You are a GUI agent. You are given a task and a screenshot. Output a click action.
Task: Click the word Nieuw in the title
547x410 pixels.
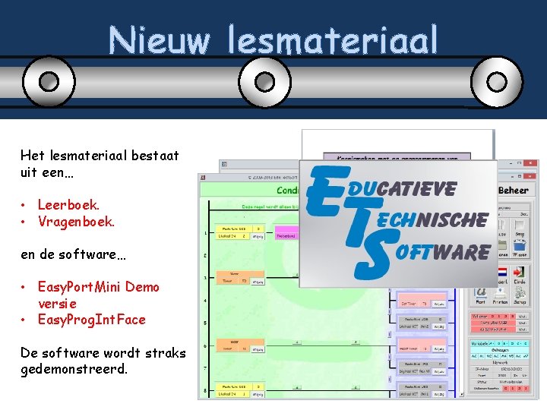(x=157, y=39)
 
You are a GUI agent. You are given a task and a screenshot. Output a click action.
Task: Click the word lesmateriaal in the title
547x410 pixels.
(x=332, y=39)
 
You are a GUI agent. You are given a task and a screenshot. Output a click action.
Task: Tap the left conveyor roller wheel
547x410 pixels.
(x=49, y=80)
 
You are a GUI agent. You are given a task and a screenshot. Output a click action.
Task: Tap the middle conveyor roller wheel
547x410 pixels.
(x=265, y=80)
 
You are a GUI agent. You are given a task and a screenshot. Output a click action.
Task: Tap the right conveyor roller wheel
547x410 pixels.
(x=497, y=80)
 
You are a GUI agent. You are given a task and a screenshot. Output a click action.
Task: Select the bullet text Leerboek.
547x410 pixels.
(x=68, y=205)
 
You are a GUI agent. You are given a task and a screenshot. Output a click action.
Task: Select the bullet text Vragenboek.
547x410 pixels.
(x=76, y=222)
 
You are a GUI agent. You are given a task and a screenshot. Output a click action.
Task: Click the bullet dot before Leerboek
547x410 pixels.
(x=25, y=206)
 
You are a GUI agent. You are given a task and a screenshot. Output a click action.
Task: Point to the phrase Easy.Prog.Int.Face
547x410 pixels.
(x=91, y=320)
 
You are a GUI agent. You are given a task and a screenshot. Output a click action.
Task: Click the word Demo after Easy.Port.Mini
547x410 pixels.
(x=142, y=287)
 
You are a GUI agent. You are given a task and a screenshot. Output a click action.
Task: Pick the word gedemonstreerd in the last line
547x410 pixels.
(x=74, y=369)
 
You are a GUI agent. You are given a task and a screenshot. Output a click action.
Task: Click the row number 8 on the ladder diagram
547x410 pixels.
(x=205, y=390)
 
